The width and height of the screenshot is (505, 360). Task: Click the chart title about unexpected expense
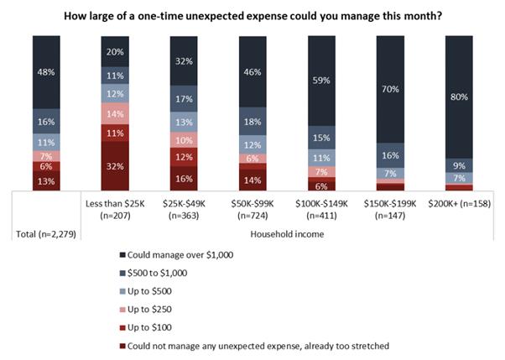coord(252,11)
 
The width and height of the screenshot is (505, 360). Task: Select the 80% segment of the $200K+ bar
coord(459,96)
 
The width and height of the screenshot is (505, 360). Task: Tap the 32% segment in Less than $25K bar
coord(115,165)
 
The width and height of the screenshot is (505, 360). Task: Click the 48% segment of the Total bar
coord(47,71)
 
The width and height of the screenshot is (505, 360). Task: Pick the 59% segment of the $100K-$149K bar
coord(321,81)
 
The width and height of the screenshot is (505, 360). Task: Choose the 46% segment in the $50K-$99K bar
coord(252,71)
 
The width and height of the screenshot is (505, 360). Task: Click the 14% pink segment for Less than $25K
coord(115,113)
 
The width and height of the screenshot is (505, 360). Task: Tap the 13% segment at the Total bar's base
coord(47,180)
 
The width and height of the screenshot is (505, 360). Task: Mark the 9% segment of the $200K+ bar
coord(459,165)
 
